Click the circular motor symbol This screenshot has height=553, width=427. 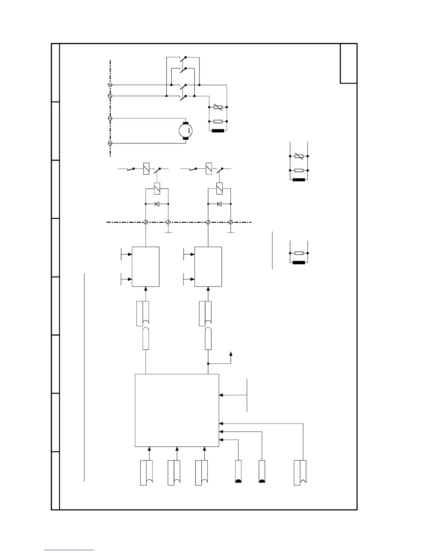click(x=186, y=131)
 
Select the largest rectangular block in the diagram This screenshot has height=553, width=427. click(x=177, y=410)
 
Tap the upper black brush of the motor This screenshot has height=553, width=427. click(x=186, y=123)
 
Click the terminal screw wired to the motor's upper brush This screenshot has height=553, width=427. click(x=110, y=119)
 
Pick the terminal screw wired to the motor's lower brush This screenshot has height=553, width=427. click(x=110, y=143)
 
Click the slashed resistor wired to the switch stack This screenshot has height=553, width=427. click(x=218, y=107)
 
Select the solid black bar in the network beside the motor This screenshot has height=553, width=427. click(x=218, y=131)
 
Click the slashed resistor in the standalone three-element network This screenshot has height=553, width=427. click(x=299, y=156)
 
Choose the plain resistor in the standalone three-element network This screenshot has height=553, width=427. click(x=299, y=171)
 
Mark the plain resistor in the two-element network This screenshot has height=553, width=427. click(x=299, y=253)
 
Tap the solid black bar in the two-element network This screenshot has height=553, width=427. click(x=299, y=263)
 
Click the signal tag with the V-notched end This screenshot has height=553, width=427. click(x=300, y=473)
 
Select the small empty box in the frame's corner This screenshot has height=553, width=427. click(x=349, y=64)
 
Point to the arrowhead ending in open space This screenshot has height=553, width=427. click(x=231, y=354)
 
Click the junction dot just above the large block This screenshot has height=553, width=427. click(x=208, y=363)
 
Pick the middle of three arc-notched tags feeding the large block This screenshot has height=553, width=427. click(x=174, y=473)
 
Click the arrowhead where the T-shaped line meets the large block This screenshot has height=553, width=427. click(x=221, y=395)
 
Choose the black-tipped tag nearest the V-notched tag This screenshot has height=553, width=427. click(x=262, y=471)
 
